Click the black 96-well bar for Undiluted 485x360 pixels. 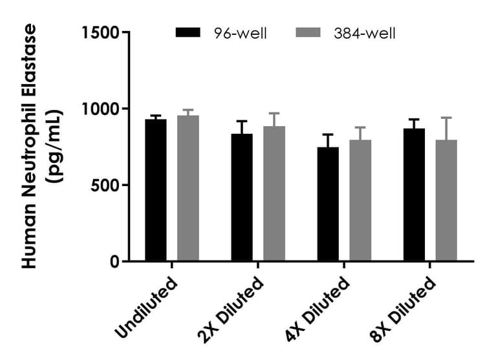point(156,191)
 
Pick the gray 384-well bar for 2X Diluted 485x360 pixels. point(274,194)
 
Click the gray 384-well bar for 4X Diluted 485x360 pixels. point(360,200)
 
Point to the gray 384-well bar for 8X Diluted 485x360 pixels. point(446,200)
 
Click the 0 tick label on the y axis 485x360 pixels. point(115,262)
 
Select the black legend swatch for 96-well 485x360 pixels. point(189,32)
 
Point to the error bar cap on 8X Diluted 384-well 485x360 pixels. point(446,118)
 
